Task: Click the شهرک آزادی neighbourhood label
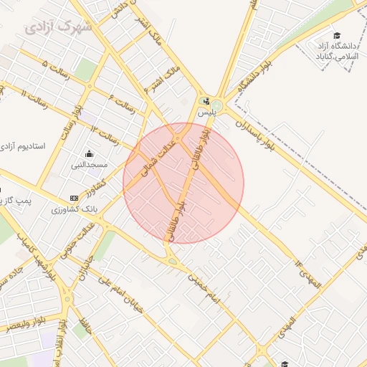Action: [x=57, y=28]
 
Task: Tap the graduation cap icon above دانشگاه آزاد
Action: [x=337, y=36]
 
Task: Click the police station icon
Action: [x=206, y=101]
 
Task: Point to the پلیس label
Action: [x=206, y=113]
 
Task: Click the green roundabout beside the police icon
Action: [x=217, y=106]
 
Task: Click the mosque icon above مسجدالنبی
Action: [x=89, y=153]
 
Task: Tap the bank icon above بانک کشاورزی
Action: [x=75, y=198]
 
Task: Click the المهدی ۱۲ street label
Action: [x=310, y=275]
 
